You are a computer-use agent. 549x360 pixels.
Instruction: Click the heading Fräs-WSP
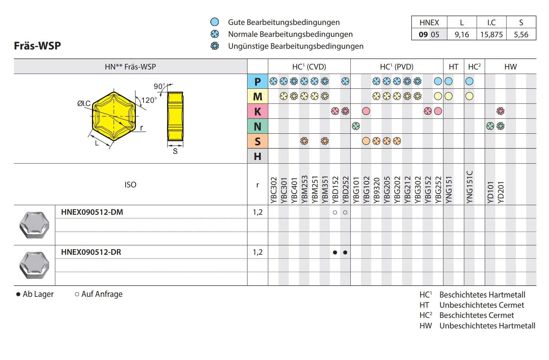[x=37, y=46]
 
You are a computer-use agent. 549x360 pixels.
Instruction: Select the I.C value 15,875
[x=491, y=34]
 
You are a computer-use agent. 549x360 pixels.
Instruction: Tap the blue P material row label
[x=258, y=81]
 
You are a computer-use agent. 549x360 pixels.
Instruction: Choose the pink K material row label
[x=258, y=111]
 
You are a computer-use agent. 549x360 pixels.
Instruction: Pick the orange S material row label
[x=258, y=141]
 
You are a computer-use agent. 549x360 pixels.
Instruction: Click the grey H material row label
[x=258, y=156]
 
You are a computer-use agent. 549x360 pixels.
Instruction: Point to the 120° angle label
[x=149, y=100]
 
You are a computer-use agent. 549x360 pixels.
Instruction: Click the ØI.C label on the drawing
[x=84, y=104]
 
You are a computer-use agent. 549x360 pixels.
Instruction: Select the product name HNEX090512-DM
[x=92, y=212]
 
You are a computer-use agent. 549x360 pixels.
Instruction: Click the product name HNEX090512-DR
[x=91, y=252]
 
